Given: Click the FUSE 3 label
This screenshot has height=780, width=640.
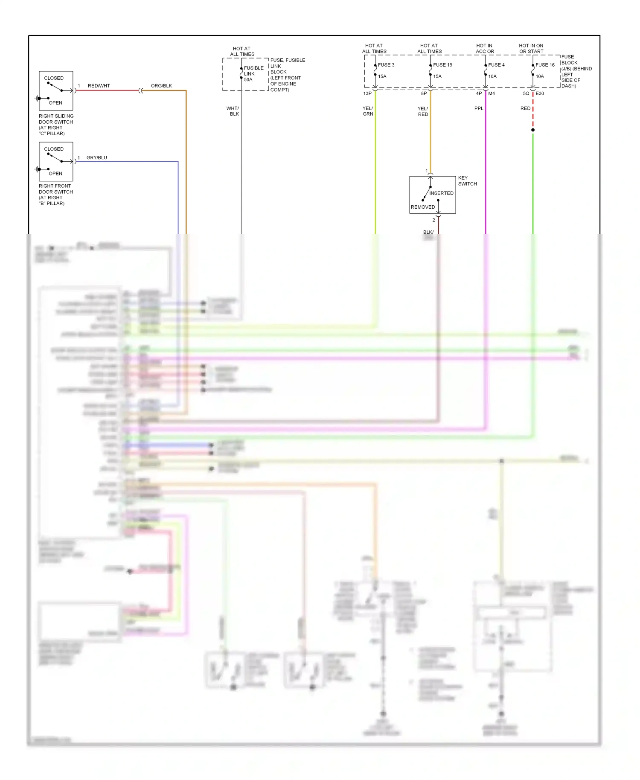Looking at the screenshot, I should click(386, 65).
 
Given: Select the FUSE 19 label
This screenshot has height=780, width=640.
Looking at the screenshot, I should click(442, 65).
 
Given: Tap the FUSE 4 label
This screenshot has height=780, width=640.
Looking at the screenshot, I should click(496, 65).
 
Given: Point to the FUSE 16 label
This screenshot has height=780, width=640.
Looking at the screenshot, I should click(545, 65).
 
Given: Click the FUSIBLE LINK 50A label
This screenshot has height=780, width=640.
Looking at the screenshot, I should click(253, 74).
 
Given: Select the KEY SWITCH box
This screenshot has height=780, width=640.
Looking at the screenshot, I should click(432, 195).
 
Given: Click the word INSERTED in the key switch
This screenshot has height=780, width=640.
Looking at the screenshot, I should click(441, 193).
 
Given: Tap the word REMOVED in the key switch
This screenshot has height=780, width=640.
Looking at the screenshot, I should click(423, 207).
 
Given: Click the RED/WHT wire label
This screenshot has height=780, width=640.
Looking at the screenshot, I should click(99, 86).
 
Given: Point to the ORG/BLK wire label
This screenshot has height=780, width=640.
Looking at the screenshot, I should click(161, 86).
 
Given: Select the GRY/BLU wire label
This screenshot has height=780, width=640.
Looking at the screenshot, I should click(96, 157).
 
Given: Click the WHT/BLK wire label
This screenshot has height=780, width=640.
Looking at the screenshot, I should click(233, 111).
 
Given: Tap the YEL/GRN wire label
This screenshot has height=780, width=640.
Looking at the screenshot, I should click(368, 111).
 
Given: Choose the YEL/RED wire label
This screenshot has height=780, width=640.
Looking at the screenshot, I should click(423, 111).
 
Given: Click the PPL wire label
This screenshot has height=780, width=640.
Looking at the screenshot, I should click(479, 108).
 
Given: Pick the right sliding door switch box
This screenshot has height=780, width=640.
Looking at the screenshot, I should click(56, 90).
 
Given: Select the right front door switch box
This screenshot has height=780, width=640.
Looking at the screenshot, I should click(56, 161).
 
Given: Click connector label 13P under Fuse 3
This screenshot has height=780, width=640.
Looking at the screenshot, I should click(367, 93).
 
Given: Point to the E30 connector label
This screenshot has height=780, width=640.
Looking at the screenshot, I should click(540, 93).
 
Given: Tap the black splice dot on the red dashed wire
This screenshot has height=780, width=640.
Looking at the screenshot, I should click(533, 130).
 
